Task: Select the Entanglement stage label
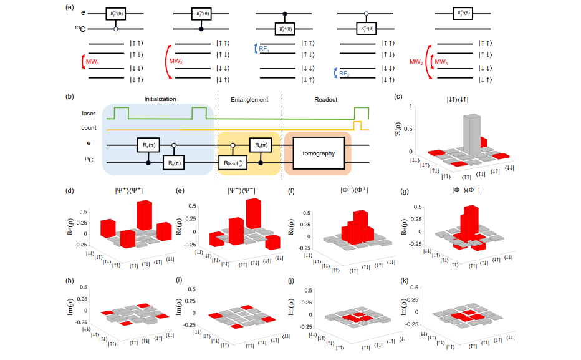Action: click(x=249, y=99)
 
